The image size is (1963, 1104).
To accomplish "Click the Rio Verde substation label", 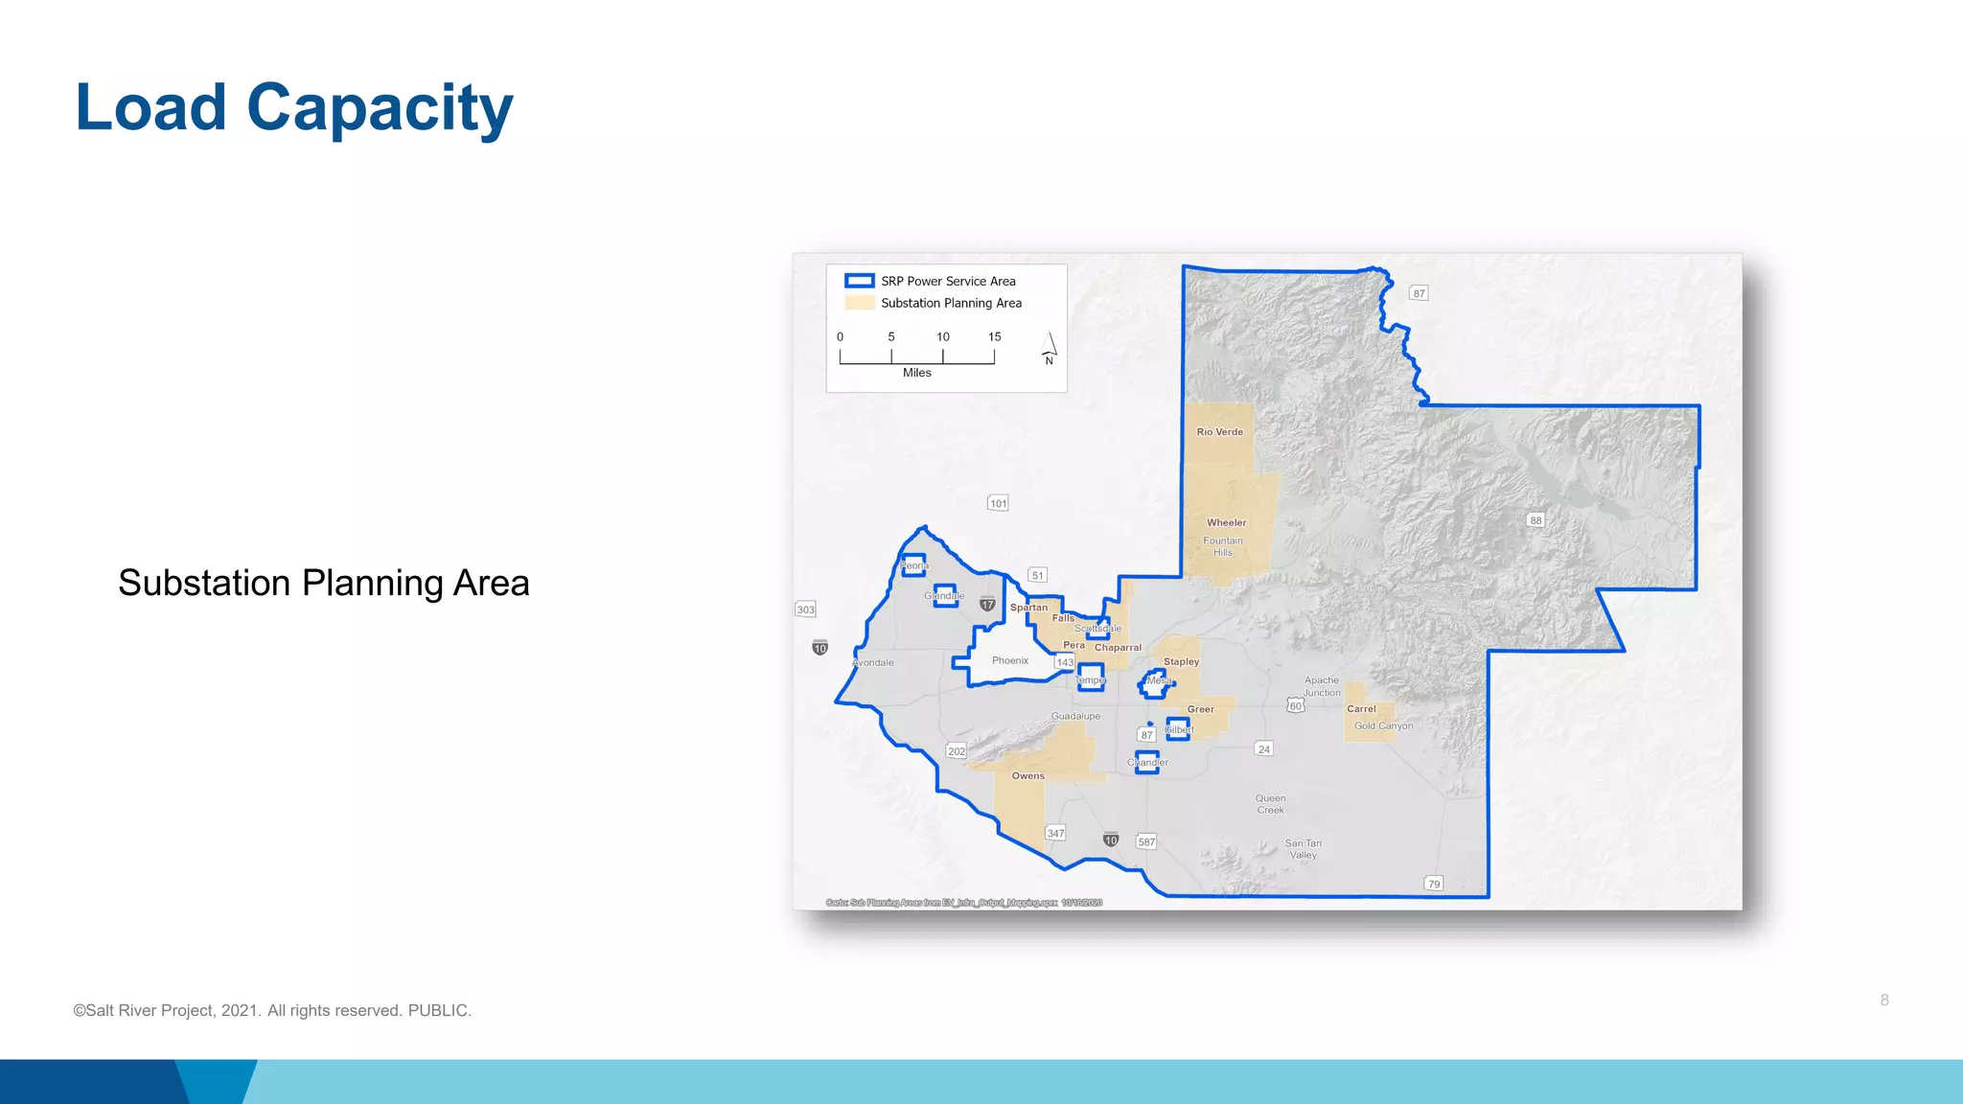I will (1219, 432).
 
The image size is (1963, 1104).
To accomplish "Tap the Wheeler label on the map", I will (1226, 523).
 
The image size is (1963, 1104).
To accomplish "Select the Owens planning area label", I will (1028, 776).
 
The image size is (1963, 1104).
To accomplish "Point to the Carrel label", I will (1360, 709).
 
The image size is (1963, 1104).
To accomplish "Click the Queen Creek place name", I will (1270, 804).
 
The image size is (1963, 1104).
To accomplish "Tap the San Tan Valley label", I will (1303, 849).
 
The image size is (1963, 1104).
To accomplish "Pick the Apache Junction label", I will (1321, 686).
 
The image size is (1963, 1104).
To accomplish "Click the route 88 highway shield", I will (1536, 520).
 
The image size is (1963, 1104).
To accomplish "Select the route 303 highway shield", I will (805, 609).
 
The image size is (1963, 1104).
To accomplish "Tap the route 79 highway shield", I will (1433, 884).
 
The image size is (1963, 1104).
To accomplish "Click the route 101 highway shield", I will (998, 503).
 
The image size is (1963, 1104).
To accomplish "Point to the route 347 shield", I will (1055, 833).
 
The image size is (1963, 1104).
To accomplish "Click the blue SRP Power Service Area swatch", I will (859, 281).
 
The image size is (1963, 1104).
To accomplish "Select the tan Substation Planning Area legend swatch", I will (859, 303).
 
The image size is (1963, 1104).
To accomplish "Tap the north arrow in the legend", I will (1050, 348).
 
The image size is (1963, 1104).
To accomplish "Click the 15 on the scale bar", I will (994, 337).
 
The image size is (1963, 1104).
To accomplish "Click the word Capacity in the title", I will (380, 107).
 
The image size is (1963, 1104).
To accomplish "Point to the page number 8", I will (1883, 1000).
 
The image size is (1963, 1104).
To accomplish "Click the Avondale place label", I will (872, 663).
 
